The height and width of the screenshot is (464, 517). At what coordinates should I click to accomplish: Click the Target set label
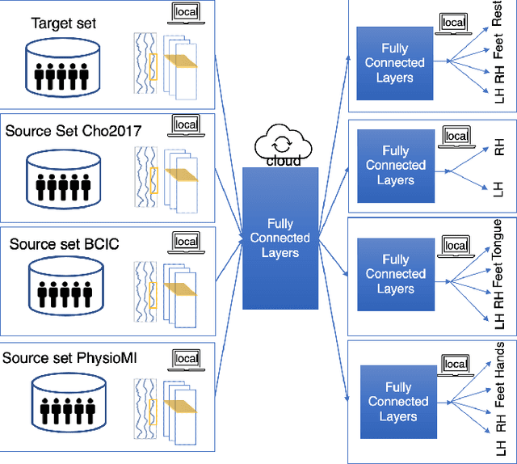(64, 23)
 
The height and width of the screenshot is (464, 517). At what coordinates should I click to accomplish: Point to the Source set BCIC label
(65, 243)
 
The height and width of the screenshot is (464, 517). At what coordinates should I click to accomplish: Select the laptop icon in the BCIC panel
(187, 240)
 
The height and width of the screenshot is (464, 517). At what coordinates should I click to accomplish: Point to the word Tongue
(498, 240)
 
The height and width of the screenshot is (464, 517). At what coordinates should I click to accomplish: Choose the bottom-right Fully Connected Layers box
(397, 402)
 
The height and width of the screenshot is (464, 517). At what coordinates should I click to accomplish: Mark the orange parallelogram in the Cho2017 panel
(180, 174)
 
